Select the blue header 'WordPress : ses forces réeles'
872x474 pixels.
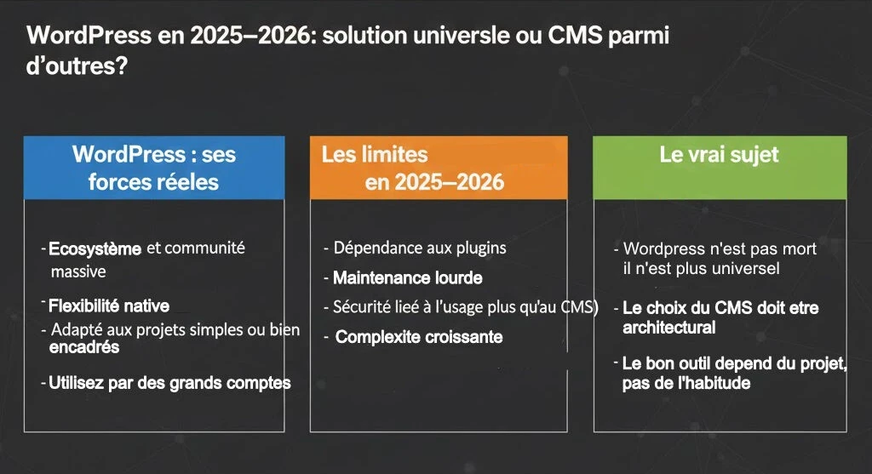click(x=153, y=168)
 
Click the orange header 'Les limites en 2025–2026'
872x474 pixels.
click(x=438, y=168)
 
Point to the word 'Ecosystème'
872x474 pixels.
click(x=95, y=249)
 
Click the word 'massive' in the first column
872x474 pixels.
click(x=78, y=272)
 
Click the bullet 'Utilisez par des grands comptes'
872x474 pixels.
click(x=169, y=383)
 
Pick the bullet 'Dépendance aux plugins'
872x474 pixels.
click(x=420, y=248)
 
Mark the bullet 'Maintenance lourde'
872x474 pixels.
click(x=407, y=278)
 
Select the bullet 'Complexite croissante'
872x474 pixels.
click(x=419, y=337)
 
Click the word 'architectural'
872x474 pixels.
click(x=668, y=328)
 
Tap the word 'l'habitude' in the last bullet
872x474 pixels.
click(x=714, y=383)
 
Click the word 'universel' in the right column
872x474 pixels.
click(x=747, y=270)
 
